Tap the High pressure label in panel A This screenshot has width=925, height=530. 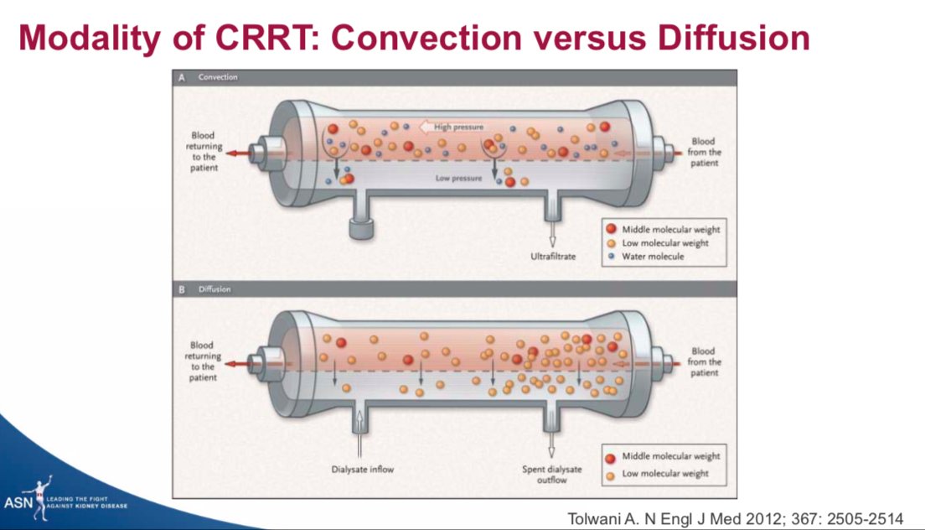coord(458,127)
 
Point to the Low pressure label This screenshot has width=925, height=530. coord(458,178)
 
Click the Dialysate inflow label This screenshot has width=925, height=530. coord(361,468)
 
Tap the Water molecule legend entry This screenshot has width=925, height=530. coord(653,257)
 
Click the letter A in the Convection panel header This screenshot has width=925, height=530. coord(181,77)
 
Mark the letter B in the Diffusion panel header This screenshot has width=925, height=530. coord(181,289)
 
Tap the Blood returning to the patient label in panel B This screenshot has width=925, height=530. coord(202,361)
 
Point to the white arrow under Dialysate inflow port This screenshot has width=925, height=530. coord(361,436)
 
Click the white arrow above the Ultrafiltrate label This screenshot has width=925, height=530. coord(552,231)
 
